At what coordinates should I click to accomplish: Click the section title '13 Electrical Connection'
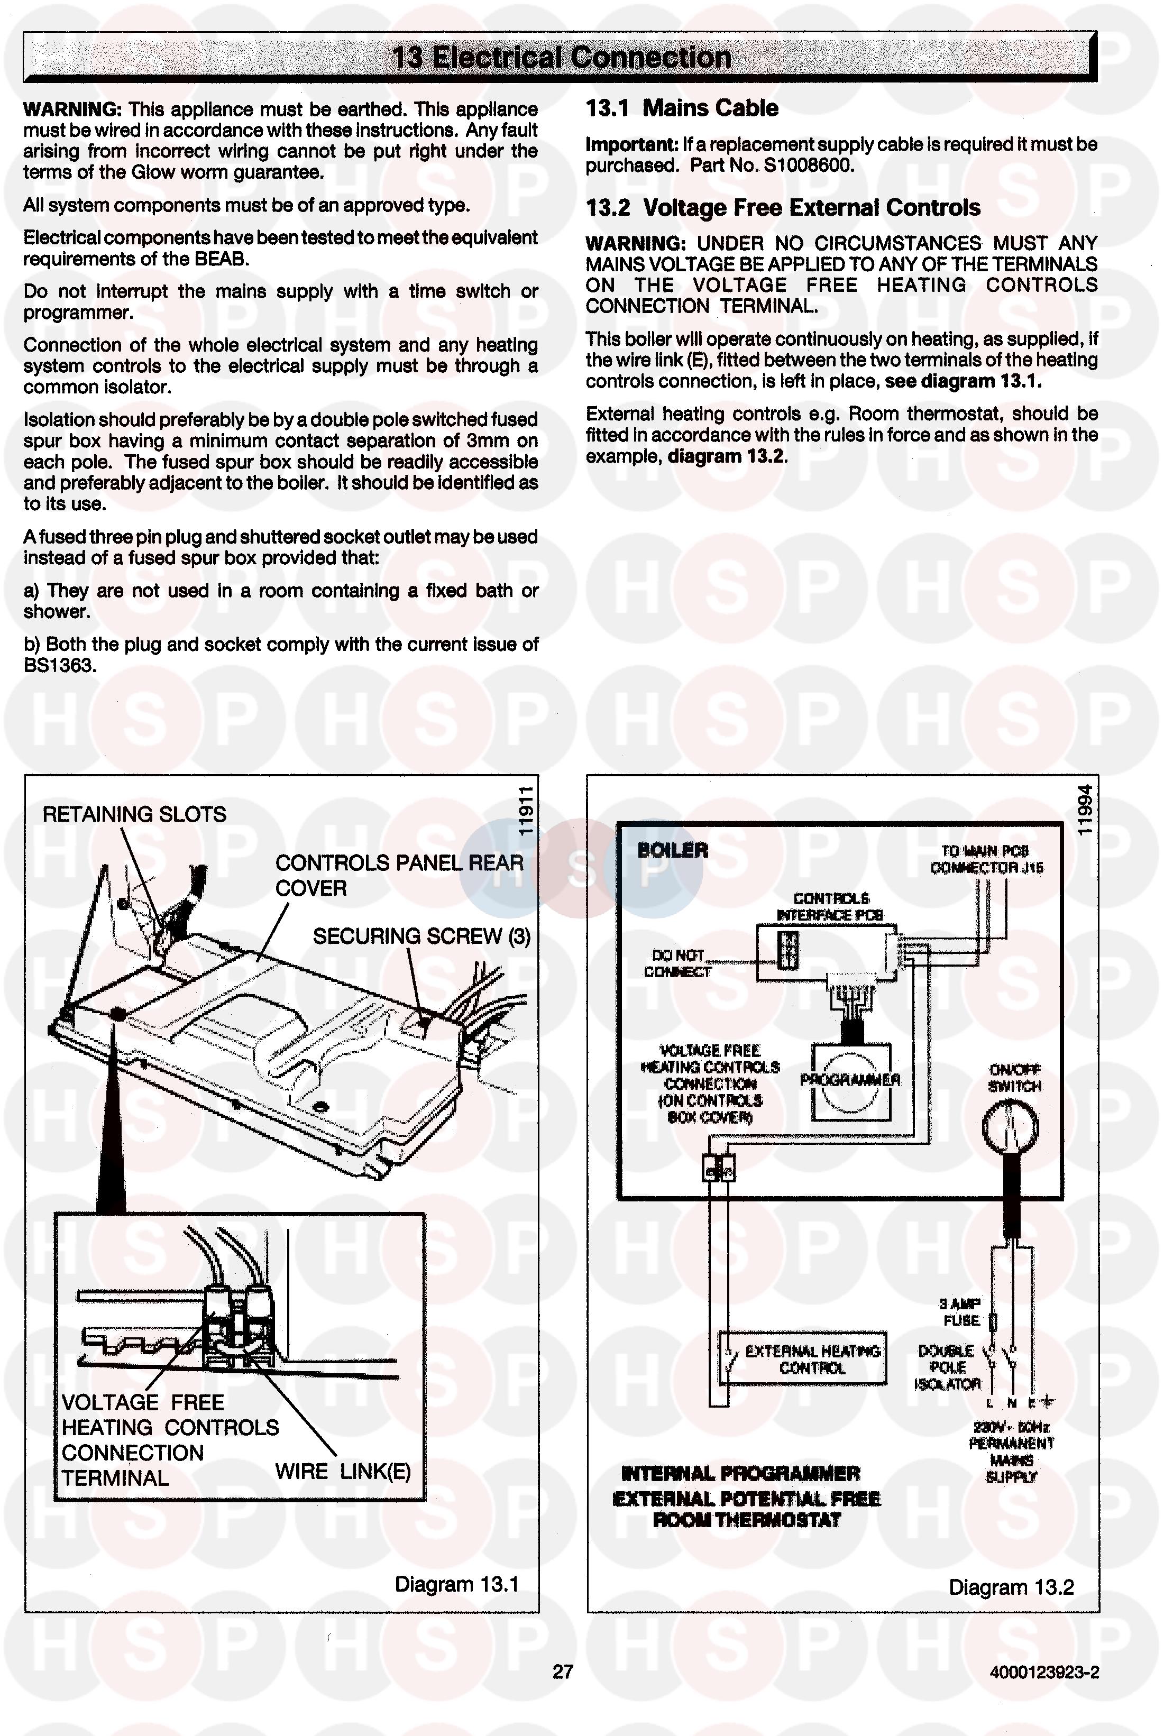(561, 57)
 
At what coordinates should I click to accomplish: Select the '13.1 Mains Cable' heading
(682, 108)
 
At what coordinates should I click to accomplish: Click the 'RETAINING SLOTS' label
(134, 814)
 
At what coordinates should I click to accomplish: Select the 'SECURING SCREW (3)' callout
(421, 936)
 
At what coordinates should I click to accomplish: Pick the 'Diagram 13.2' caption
(1011, 1587)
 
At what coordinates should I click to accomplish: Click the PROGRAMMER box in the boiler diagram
(850, 1081)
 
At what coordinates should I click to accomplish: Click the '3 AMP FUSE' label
(961, 1312)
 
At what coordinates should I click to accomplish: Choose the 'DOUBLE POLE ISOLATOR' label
(947, 1367)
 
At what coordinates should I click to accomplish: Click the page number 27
(563, 1671)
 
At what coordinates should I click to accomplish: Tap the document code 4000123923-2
(1044, 1672)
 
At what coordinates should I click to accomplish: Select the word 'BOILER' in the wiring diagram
(673, 851)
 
